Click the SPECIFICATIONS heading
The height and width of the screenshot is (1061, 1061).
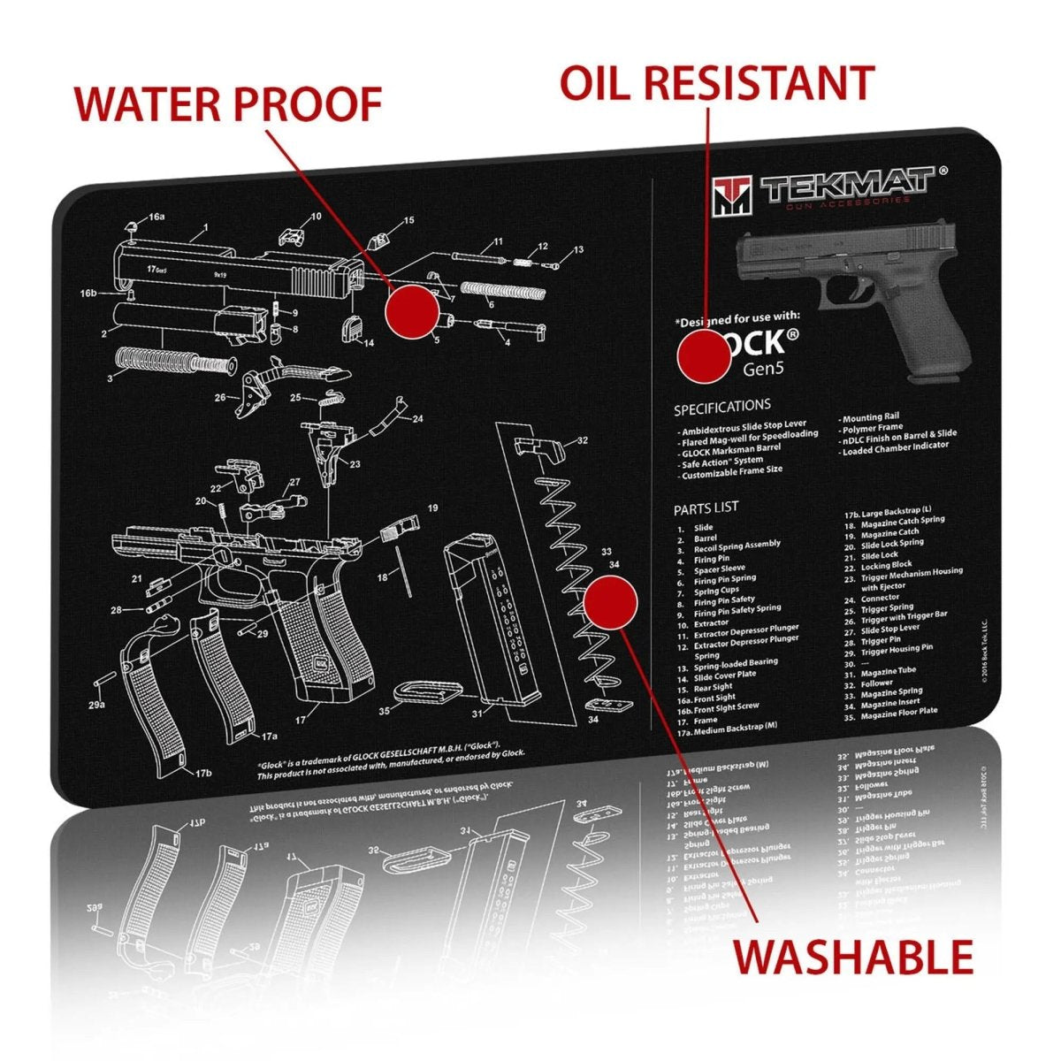coord(721,407)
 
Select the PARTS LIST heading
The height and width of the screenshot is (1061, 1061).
coord(706,508)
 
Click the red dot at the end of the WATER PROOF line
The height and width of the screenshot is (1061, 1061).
coord(413,311)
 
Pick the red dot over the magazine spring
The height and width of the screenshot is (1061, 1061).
coord(611,602)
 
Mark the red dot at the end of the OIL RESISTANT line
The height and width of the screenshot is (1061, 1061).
coord(704,356)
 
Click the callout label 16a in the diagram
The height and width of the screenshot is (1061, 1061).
coord(156,217)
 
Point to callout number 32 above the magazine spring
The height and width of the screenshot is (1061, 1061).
coord(581,439)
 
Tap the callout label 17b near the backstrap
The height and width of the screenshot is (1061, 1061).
coord(203,773)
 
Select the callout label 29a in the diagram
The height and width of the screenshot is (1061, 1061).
coord(95,705)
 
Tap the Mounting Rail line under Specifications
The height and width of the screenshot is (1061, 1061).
coord(874,416)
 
